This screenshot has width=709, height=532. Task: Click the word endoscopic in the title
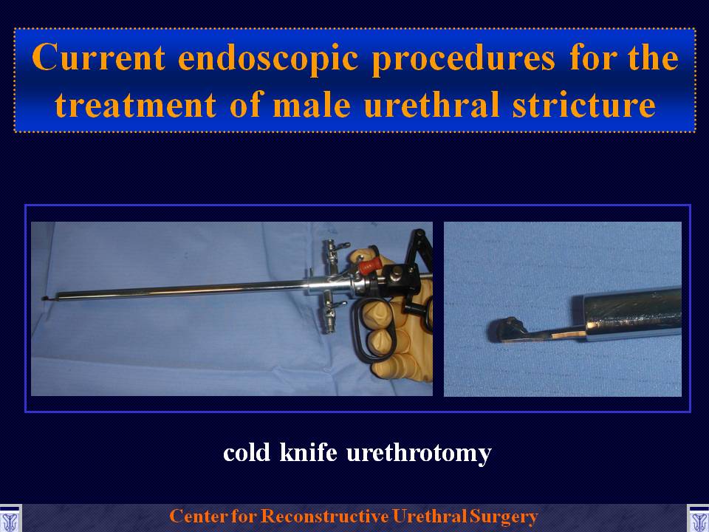pyautogui.click(x=267, y=58)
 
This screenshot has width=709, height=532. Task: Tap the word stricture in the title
pyautogui.click(x=583, y=104)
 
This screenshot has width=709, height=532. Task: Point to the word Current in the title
pyautogui.click(x=98, y=57)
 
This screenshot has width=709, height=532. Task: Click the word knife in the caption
pyautogui.click(x=309, y=452)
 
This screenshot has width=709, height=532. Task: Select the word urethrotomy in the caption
pyautogui.click(x=419, y=454)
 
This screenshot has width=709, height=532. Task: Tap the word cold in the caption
pyautogui.click(x=247, y=452)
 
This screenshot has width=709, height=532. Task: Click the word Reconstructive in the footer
pyautogui.click(x=325, y=516)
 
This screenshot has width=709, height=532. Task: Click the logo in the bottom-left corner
pyautogui.click(x=10, y=519)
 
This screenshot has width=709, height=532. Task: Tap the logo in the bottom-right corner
pyautogui.click(x=698, y=519)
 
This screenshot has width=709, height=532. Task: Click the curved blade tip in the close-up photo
pyautogui.click(x=505, y=330)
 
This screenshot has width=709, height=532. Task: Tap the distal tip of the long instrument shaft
pyautogui.click(x=45, y=298)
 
